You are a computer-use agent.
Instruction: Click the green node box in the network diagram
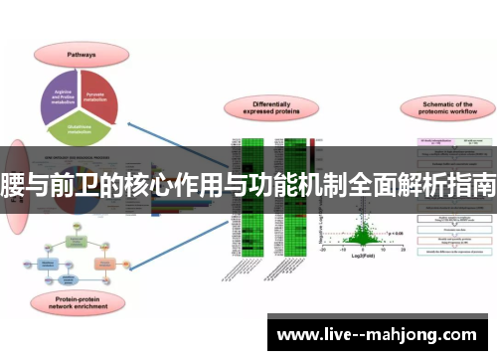coord(77,242)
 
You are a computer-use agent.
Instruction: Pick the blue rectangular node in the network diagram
coord(48,263)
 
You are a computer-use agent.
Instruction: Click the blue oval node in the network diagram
coord(78,280)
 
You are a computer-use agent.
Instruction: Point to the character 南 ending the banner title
coord(484,185)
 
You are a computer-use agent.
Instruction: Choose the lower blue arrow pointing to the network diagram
coord(179,244)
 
